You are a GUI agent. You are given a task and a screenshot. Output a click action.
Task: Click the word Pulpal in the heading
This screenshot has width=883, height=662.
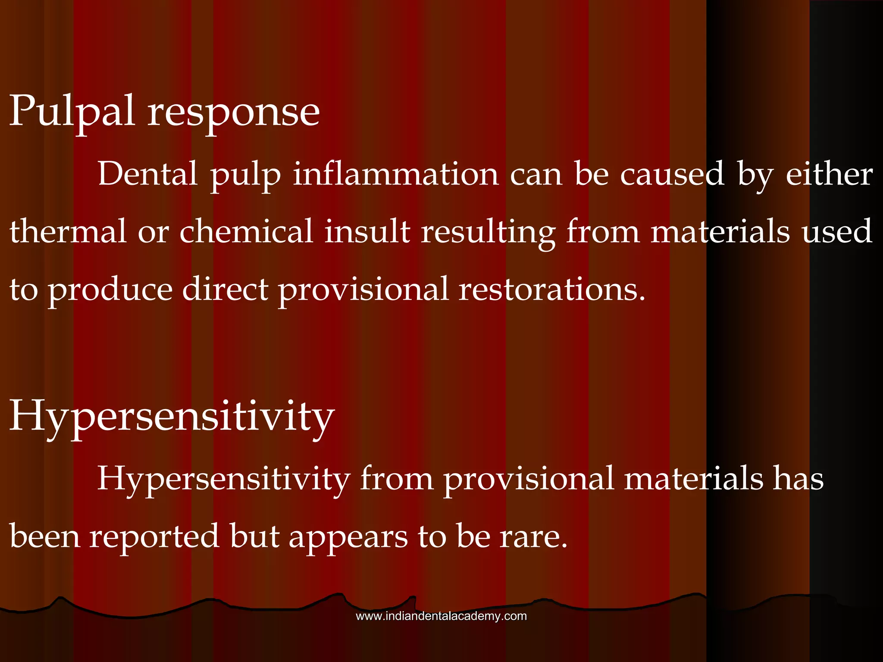tap(72, 112)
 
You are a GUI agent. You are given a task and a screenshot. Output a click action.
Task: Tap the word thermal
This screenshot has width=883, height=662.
tap(68, 231)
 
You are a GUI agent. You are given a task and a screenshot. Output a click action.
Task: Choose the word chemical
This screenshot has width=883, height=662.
tap(246, 231)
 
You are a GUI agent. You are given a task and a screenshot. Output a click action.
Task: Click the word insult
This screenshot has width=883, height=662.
tap(367, 231)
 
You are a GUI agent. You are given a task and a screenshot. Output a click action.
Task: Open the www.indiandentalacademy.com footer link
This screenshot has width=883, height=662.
tap(441, 616)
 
